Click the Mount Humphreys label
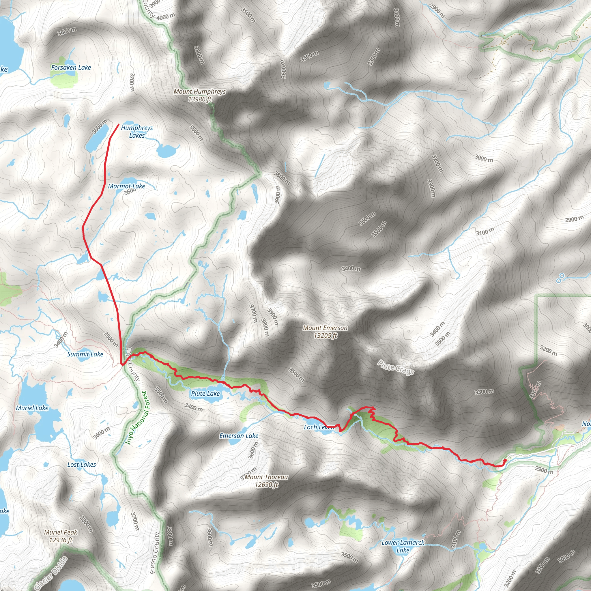[199, 95]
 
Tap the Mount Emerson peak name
[325, 332]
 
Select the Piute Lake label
[205, 394]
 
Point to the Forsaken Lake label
[71, 68]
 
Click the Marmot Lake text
[126, 186]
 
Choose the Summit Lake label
[85, 354]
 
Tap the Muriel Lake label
[32, 408]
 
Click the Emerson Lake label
[239, 435]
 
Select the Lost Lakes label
[81, 464]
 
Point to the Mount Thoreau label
[266, 480]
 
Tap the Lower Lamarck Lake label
[403, 546]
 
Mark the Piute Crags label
[396, 367]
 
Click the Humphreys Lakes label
[137, 132]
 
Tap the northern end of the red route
[119, 124]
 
